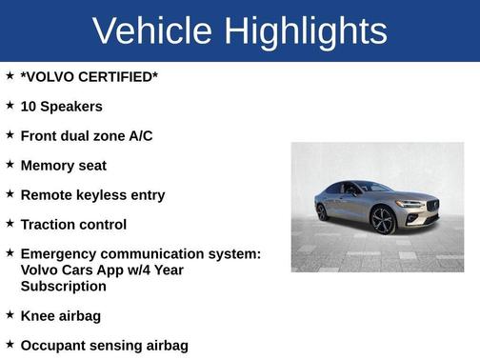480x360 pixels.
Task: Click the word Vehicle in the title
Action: click(x=152, y=31)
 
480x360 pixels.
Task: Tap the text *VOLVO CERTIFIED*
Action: click(x=89, y=77)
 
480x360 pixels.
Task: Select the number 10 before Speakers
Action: click(x=29, y=107)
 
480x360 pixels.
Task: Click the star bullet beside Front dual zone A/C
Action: click(x=10, y=134)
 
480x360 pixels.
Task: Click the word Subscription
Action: click(x=63, y=286)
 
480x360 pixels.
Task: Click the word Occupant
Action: click(x=56, y=346)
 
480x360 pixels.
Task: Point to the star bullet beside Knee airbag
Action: click(x=10, y=313)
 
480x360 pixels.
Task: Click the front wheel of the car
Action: click(x=383, y=220)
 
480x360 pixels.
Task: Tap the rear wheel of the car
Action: click(x=322, y=211)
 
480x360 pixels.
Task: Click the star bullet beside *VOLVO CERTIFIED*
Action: click(x=10, y=75)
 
